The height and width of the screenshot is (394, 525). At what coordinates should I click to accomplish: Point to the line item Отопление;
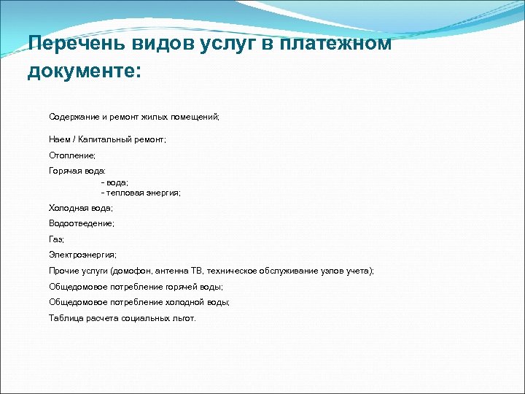(x=72, y=155)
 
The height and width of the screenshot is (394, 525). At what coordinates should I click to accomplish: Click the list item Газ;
(x=57, y=239)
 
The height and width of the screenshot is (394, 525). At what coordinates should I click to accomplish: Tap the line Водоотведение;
(x=82, y=223)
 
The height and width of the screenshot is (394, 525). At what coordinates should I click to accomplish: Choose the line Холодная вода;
(x=81, y=208)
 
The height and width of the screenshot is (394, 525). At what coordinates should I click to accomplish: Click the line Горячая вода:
(x=77, y=170)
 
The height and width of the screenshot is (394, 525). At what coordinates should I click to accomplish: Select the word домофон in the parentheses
(x=135, y=271)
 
